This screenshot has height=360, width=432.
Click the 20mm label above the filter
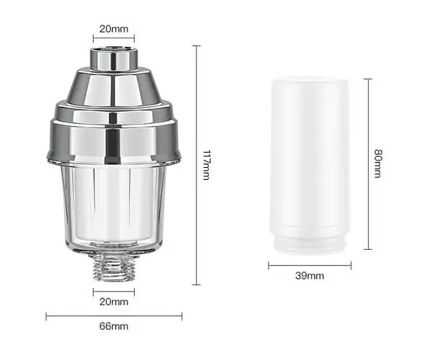(114, 29)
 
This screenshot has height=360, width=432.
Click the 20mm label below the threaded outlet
(114, 302)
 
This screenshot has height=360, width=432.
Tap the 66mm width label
(114, 326)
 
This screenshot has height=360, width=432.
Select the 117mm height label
(207, 165)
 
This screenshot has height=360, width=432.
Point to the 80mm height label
(378, 163)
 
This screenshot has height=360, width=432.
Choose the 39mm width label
(310, 276)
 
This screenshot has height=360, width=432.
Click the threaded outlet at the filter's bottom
(114, 267)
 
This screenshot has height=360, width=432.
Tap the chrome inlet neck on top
(114, 58)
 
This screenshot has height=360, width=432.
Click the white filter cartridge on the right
(310, 165)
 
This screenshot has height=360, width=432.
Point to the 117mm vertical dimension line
(196, 165)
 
